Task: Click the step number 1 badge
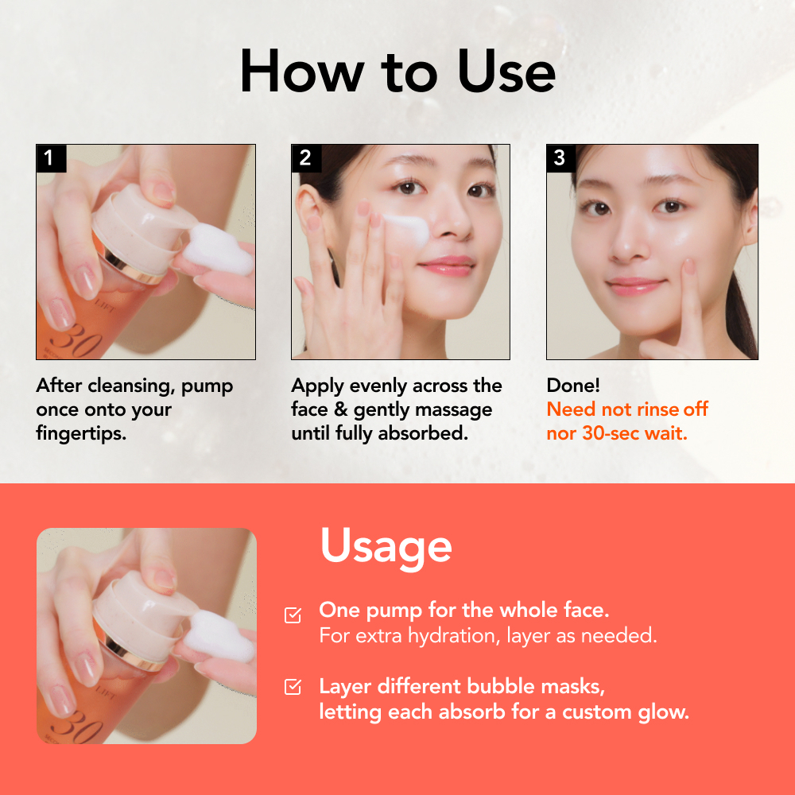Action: (x=51, y=158)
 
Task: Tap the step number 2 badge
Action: (x=306, y=158)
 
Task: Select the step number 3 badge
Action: (x=560, y=158)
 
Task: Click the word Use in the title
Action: (x=506, y=72)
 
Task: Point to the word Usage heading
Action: (x=386, y=548)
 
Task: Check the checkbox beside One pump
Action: (x=293, y=615)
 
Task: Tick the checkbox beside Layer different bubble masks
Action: (x=293, y=687)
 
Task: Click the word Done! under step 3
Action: (x=573, y=386)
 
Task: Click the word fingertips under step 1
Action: (x=81, y=433)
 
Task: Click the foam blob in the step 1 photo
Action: (x=219, y=250)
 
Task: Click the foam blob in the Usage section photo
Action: (x=219, y=636)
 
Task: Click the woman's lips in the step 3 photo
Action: (x=636, y=285)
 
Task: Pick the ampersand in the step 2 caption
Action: (x=341, y=409)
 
